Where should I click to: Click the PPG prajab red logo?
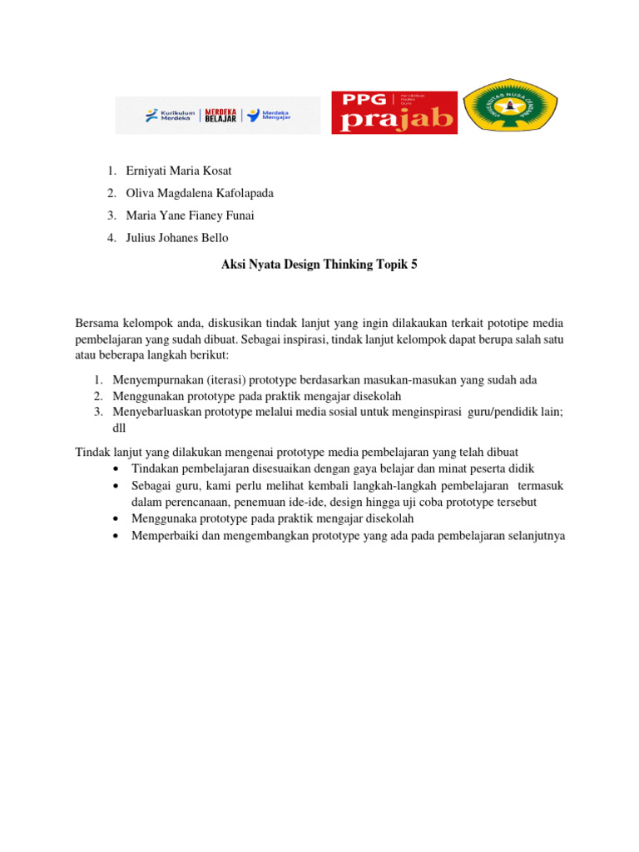click(x=394, y=112)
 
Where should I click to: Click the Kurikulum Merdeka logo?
click(x=169, y=116)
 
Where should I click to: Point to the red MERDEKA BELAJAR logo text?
click(x=220, y=116)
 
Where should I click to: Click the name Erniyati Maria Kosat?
click(x=179, y=171)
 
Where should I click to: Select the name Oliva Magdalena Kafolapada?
click(x=200, y=193)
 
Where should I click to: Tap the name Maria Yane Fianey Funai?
click(x=190, y=215)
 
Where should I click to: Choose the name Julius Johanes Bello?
click(x=177, y=238)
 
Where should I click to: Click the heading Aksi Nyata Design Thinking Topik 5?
click(x=319, y=265)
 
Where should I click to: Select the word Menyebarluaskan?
click(x=158, y=411)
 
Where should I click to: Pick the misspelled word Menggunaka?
click(x=163, y=518)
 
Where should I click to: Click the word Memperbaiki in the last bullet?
click(x=165, y=536)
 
